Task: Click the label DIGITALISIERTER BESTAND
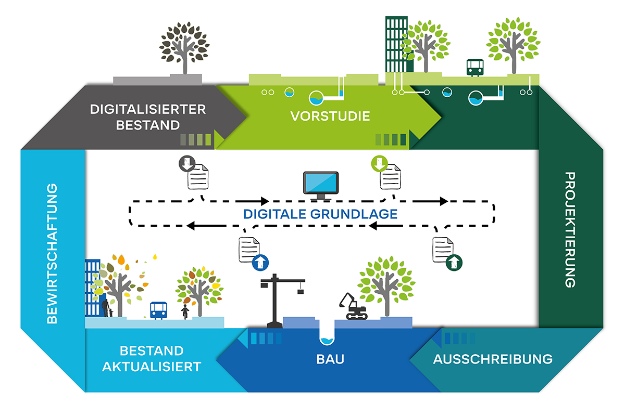[x=148, y=118]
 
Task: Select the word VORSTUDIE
[x=330, y=116]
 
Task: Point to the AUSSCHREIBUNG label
[x=493, y=359]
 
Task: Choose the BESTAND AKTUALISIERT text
[x=152, y=358]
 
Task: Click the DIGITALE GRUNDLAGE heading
[x=321, y=214]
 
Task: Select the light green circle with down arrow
[x=379, y=163]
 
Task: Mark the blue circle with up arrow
[x=259, y=263]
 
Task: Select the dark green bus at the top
[x=474, y=67]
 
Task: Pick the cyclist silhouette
[x=185, y=311]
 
